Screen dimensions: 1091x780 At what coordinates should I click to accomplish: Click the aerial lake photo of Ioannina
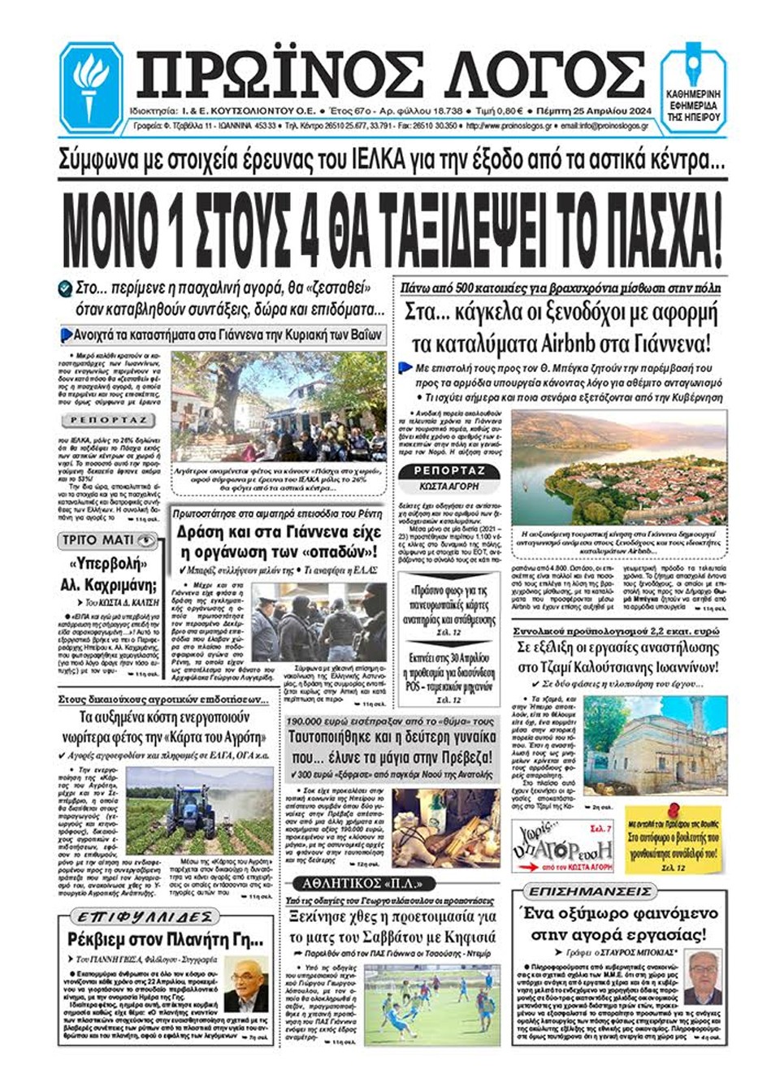[620, 466]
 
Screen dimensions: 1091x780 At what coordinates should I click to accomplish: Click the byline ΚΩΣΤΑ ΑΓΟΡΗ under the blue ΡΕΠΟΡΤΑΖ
[449, 486]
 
